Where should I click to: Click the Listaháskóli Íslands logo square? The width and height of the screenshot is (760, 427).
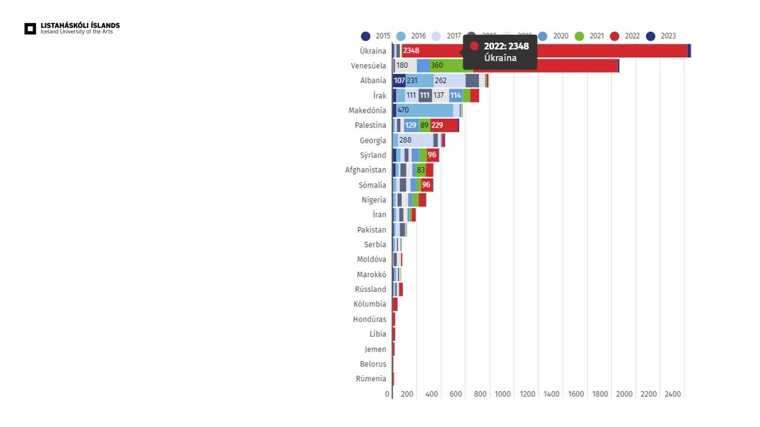coord(30,28)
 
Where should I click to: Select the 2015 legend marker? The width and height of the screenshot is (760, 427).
coord(366,36)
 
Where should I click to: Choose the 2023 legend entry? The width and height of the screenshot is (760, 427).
coord(651,36)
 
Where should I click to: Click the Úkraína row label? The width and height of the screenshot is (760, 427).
coord(373,51)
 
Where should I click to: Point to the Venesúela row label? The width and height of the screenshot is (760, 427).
coord(368,66)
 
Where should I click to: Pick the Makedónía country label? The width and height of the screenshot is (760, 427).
coord(367,110)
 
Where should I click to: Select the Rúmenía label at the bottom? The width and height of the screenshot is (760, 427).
coord(371,379)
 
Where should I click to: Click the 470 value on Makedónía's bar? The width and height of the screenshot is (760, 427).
coord(403,110)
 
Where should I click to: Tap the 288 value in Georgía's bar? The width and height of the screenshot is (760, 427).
coord(406,141)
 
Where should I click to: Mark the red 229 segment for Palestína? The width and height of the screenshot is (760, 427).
coord(438,125)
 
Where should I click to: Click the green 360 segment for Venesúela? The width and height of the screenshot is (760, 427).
coord(437,66)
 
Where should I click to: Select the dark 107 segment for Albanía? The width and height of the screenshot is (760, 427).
coord(399,81)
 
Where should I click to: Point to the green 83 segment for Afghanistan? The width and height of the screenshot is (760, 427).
coord(421,170)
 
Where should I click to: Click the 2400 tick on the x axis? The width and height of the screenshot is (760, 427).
coord(673,394)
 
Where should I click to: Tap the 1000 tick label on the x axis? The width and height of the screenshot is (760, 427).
coord(502,394)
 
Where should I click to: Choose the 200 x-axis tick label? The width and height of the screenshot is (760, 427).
coord(407,394)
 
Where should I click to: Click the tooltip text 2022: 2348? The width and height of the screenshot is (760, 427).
coord(506,46)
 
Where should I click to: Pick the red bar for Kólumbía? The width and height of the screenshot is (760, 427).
coord(395,304)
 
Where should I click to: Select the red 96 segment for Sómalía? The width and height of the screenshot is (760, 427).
coord(426,185)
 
